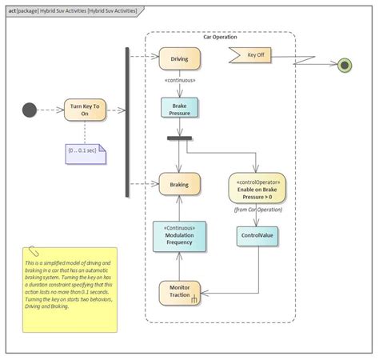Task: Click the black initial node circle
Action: point(30,110)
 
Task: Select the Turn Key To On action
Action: point(85,110)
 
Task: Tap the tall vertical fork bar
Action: point(126,122)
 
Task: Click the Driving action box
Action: point(179,58)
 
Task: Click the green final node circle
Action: point(345,65)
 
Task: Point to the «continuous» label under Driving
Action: point(179,80)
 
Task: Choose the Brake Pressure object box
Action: point(179,108)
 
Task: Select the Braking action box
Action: point(179,185)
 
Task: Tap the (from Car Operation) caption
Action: point(257,210)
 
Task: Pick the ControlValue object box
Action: point(257,236)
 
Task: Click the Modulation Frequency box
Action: point(179,237)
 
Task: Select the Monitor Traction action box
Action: point(179,292)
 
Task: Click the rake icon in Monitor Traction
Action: point(193,300)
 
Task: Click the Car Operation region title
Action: point(220,38)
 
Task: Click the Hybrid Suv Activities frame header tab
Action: point(72,11)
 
